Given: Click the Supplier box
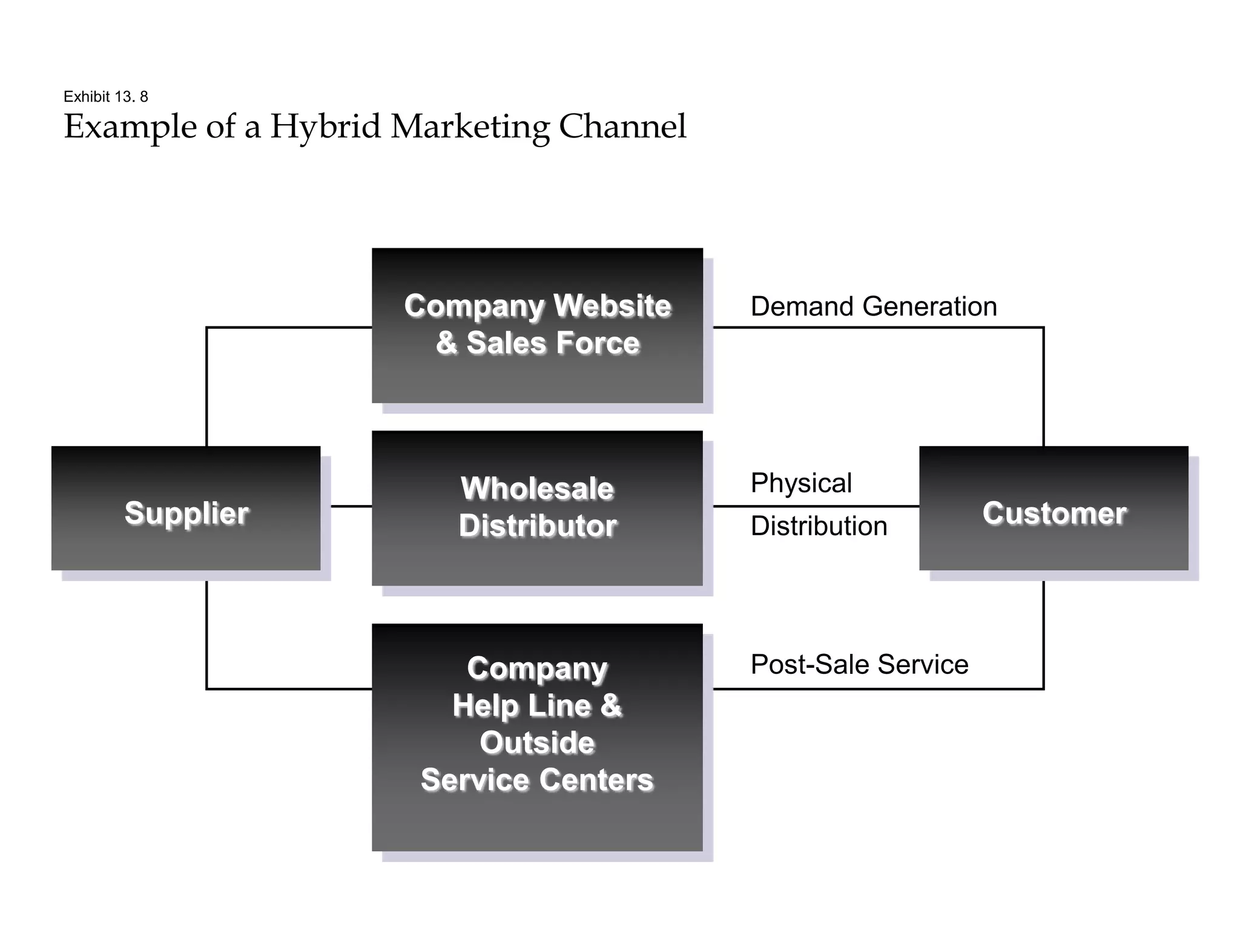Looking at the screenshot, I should [186, 509].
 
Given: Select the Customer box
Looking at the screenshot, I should [1054, 509].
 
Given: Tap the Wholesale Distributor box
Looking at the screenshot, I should [537, 508].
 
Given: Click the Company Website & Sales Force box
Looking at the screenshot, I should [537, 325].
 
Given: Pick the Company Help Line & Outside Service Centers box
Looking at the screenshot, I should [537, 737].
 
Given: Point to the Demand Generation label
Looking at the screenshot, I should [873, 306].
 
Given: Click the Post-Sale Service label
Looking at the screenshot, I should [859, 664].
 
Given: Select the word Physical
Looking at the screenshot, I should [801, 483].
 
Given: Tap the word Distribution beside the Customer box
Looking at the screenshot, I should [819, 526].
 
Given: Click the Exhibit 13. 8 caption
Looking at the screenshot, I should [106, 97].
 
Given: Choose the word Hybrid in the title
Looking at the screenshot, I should [325, 127].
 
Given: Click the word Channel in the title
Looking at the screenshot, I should [622, 127].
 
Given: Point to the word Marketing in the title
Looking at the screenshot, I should [470, 127].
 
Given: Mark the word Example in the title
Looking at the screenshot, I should [130, 127].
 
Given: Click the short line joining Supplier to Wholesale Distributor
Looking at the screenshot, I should [351, 506].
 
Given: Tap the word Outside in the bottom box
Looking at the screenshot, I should [537, 743].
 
